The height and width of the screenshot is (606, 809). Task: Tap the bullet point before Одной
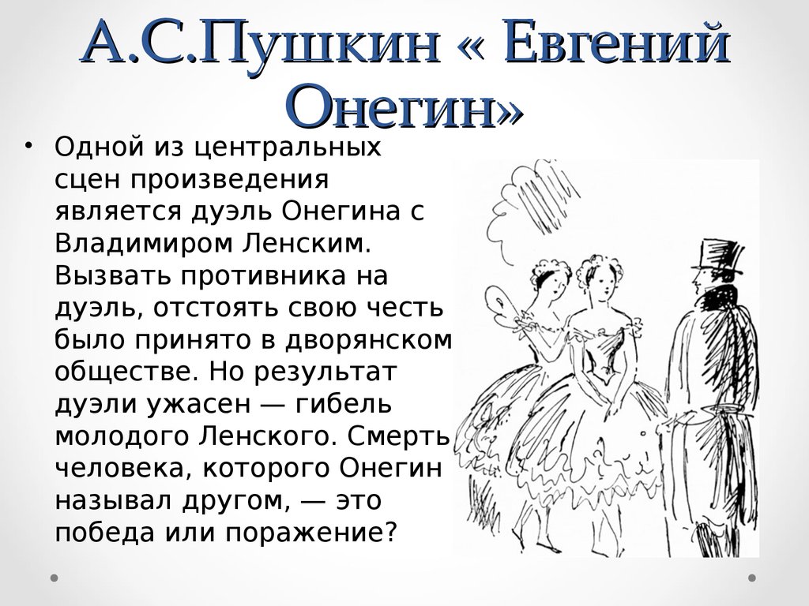pyautogui.click(x=27, y=146)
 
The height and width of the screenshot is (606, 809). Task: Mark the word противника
pyautogui.click(x=263, y=275)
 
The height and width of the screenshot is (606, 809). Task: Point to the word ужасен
pyautogui.click(x=198, y=405)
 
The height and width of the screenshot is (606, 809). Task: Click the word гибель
pyautogui.click(x=344, y=404)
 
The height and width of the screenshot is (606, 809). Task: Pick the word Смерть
pyautogui.click(x=399, y=436)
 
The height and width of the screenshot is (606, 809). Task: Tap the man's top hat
pyautogui.click(x=717, y=257)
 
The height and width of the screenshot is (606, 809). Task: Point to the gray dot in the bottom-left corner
pyautogui.click(x=55, y=578)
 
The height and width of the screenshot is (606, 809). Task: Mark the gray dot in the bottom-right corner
pyautogui.click(x=752, y=578)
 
